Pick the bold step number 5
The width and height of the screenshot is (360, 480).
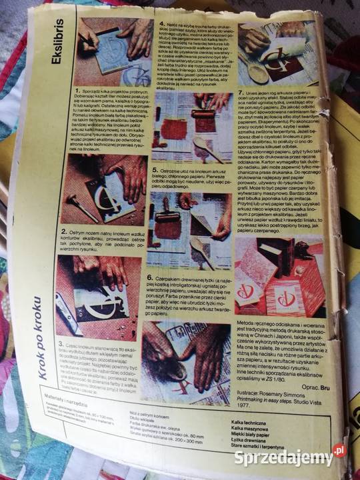153,153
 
